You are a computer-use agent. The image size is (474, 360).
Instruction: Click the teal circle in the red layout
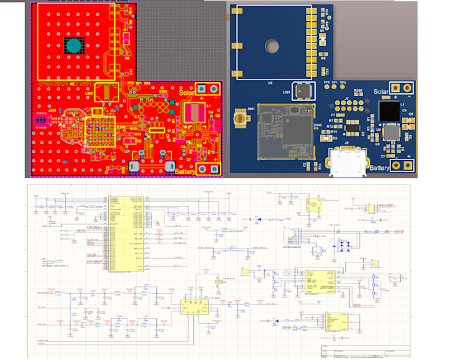point(75,47)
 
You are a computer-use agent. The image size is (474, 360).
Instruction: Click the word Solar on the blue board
point(381,92)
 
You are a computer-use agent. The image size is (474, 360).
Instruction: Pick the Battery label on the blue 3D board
point(380,168)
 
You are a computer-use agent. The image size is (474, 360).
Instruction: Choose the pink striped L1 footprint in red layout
point(193,113)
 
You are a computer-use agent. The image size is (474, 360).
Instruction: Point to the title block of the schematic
point(362,350)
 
